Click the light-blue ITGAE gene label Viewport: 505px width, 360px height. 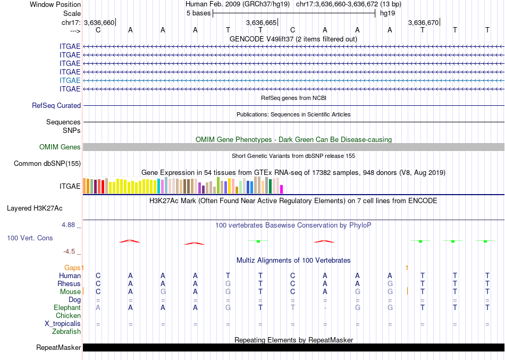[x=70, y=80]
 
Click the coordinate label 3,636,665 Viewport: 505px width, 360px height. [x=262, y=23]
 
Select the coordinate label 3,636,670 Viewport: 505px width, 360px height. [x=424, y=23]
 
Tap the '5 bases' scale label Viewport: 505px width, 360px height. [x=199, y=13]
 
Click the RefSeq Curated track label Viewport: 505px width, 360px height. [x=56, y=106]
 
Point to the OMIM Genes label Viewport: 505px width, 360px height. [x=60, y=147]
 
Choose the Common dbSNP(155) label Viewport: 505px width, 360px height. [x=47, y=164]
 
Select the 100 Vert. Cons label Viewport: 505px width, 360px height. [x=30, y=238]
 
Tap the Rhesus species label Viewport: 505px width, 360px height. [x=69, y=284]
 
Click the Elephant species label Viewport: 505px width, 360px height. [x=68, y=308]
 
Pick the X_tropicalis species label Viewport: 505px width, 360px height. [x=63, y=324]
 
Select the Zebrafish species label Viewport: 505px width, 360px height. [x=66, y=332]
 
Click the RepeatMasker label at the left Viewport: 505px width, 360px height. [x=58, y=348]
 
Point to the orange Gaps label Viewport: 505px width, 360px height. [x=74, y=267]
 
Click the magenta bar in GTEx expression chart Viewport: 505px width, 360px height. [x=282, y=189]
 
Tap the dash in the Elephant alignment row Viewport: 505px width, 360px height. [x=325, y=308]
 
